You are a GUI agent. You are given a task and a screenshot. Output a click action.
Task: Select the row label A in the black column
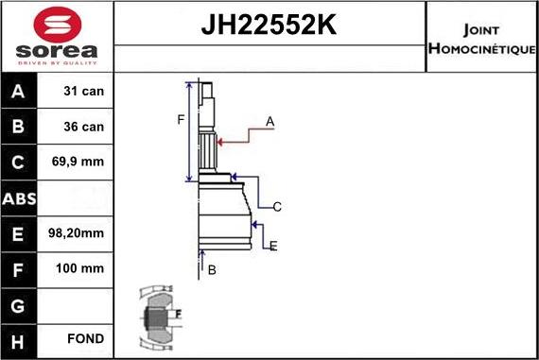tap(19, 93)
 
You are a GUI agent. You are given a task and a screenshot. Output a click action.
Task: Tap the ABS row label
tap(19, 197)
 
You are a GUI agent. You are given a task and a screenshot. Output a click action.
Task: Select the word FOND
tap(85, 338)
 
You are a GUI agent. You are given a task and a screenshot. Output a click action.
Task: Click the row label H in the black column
tap(19, 338)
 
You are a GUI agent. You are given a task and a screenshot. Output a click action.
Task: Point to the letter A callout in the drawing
tap(269, 121)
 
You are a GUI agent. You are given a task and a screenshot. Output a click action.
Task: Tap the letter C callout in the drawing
tap(277, 207)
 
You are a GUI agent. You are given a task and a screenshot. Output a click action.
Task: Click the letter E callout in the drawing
tap(273, 247)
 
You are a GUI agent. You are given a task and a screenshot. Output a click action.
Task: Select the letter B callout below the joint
tap(212, 270)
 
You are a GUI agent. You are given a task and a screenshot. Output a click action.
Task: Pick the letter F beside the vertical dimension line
tap(181, 118)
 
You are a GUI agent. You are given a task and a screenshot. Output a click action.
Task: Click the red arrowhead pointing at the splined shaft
tap(219, 142)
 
